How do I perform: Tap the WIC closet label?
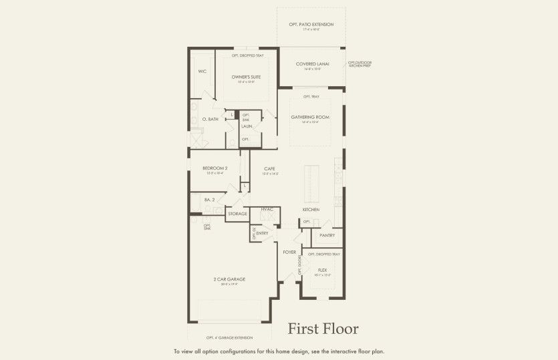[202, 70]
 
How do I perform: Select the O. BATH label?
[210, 119]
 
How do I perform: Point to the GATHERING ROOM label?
[310, 117]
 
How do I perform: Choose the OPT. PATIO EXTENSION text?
[311, 25]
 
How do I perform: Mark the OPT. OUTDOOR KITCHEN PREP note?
[360, 64]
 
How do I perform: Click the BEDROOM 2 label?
[215, 168]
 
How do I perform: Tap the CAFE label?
[270, 168]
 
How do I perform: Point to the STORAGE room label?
[237, 214]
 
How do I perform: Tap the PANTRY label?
[327, 235]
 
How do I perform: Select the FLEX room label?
[322, 270]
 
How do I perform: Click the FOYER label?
[289, 252]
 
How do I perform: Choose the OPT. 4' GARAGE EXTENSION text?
[229, 338]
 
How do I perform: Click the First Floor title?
[323, 329]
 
